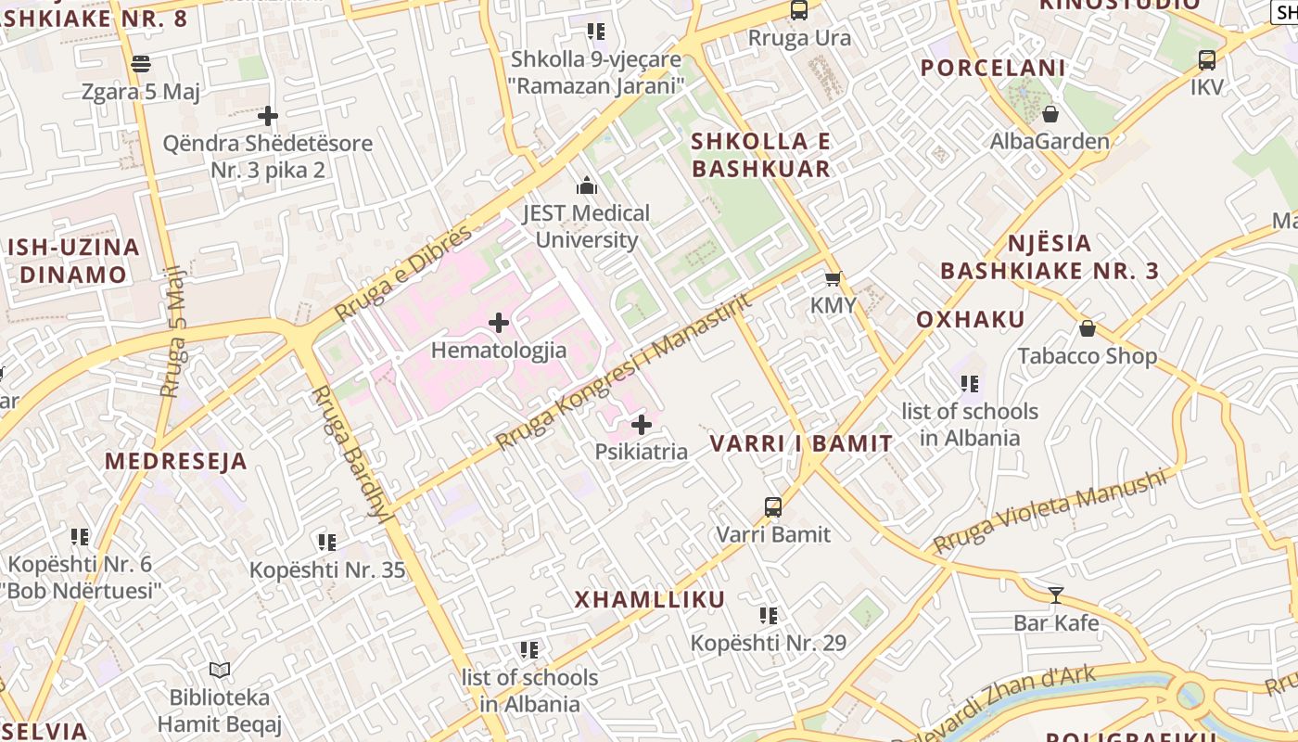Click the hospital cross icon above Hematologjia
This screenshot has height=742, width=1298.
coord(499,323)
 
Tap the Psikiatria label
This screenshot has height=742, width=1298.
coord(642,453)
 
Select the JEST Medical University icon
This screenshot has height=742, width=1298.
coord(586,185)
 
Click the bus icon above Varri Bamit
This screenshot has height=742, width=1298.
coord(773,506)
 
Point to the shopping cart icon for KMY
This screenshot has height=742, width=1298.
coord(834,278)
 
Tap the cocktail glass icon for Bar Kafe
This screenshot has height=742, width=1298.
coord(1055,595)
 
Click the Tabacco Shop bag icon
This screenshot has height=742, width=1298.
coord(1088,328)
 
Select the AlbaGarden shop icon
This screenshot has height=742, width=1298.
coord(1050,114)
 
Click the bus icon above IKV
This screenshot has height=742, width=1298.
coord(1206,60)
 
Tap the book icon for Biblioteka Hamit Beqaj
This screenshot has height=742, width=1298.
coord(220,670)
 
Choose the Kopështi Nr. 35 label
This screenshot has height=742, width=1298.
coord(327,569)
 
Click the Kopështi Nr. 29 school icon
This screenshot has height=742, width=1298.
coord(768,615)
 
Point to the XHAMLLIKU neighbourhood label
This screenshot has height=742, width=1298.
coord(650,599)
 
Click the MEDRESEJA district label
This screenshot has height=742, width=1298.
coord(175,461)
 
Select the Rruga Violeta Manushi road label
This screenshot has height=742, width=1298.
coord(1049,511)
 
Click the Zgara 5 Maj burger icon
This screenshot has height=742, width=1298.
coord(141,64)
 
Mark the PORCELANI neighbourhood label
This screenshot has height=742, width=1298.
coord(993,68)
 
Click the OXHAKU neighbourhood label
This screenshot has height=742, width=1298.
coord(971,320)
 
